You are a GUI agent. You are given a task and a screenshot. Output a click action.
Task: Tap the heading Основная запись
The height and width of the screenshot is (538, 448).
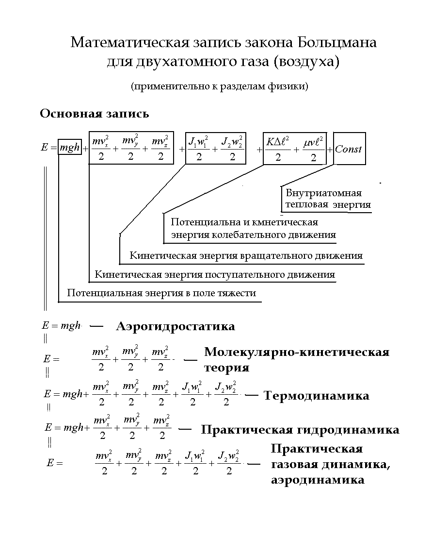(x=95, y=114)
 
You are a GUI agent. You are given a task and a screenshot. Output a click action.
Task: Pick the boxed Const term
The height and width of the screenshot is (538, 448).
(x=349, y=149)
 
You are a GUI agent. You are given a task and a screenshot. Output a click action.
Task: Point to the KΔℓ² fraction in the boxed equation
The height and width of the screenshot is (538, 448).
(x=278, y=149)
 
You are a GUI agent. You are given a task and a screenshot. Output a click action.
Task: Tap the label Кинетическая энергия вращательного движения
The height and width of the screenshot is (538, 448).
(x=246, y=255)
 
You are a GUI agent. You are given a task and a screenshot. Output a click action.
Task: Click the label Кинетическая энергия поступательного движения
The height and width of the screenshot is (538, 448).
(x=214, y=274)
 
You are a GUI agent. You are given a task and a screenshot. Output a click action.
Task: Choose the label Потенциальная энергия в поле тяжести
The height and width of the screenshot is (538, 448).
(x=161, y=293)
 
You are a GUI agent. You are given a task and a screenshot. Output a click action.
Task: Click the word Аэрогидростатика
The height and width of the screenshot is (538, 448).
(x=176, y=326)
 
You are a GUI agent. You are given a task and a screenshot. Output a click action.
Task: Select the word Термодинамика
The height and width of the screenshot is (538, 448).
(x=316, y=396)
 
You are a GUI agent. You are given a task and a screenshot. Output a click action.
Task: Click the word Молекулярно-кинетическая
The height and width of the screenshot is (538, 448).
(x=297, y=353)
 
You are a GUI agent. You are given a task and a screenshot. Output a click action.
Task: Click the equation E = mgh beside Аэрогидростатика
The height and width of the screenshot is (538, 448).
(x=62, y=326)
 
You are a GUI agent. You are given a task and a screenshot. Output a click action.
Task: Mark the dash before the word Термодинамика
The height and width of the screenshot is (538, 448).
(x=251, y=396)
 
